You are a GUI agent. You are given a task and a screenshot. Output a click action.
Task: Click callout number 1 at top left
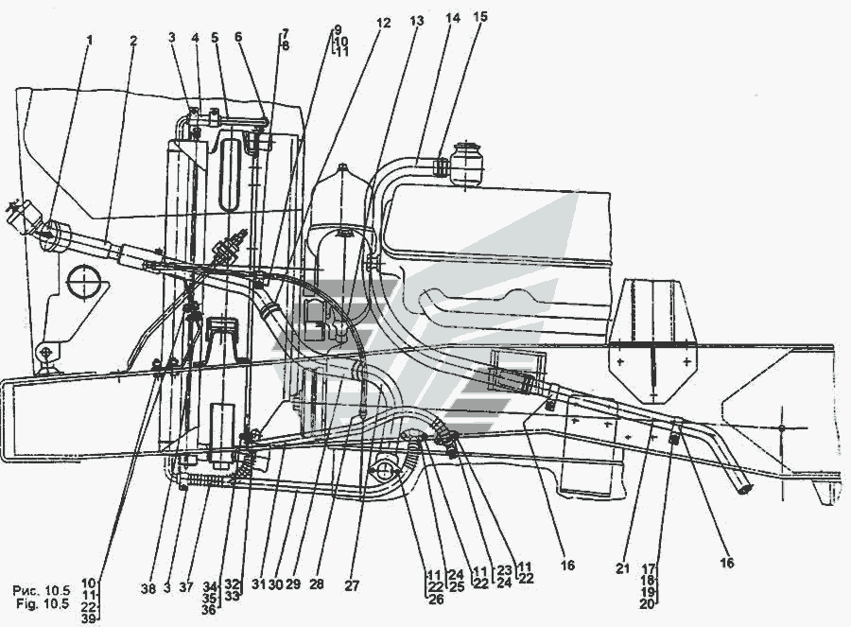90,41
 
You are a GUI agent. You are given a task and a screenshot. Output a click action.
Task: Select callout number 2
133,41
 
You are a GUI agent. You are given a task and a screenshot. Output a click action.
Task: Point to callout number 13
417,20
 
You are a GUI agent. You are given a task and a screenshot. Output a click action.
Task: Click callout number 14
457,16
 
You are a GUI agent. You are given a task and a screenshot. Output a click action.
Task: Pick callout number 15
481,16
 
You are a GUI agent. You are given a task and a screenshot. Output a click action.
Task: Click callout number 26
435,599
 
